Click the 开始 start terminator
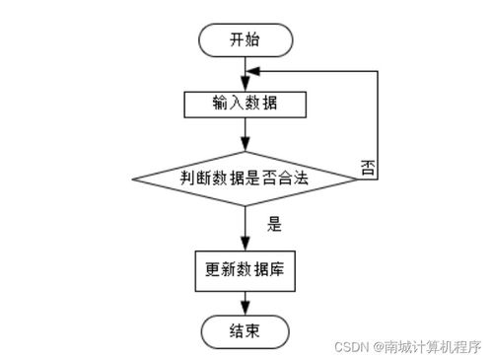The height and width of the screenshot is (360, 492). pos(246,40)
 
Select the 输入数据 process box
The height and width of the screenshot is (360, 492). pos(246,104)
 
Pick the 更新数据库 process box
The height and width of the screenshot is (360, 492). pos(246,268)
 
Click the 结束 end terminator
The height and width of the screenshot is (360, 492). pos(246,331)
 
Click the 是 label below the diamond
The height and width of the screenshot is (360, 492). pos(274,225)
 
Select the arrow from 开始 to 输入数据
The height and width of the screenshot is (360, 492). pos(246,73)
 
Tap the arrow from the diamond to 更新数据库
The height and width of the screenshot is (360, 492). pos(246,229)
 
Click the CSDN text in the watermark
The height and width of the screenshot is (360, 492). pos(350,347)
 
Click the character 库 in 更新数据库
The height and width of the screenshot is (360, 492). pos(278,268)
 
